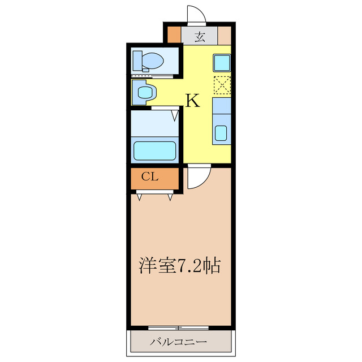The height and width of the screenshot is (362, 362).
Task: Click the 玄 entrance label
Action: pyautogui.click(x=200, y=37)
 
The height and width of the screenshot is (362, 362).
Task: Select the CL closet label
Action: pyautogui.click(x=149, y=176)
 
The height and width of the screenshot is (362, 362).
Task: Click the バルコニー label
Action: pyautogui.click(x=179, y=342)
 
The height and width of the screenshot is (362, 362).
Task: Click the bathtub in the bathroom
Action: pyautogui.click(x=154, y=150)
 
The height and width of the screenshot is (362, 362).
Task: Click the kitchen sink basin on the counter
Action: pyautogui.click(x=221, y=133)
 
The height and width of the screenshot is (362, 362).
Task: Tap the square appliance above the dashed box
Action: pyautogui.click(x=221, y=61)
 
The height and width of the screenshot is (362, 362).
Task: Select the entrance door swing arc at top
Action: pyautogui.click(x=195, y=14)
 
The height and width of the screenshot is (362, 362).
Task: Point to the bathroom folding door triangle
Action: pyautogui.click(x=175, y=115)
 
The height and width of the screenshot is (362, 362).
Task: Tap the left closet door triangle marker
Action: pyautogui.click(x=139, y=197)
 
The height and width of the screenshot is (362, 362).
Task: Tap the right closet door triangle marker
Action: pyautogui.click(x=170, y=197)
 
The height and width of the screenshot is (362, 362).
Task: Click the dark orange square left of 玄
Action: pyautogui.click(x=174, y=36)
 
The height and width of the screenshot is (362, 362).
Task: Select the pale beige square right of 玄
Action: pyautogui.click(x=225, y=36)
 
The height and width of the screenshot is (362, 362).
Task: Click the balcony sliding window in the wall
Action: pyautogui.click(x=178, y=327)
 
